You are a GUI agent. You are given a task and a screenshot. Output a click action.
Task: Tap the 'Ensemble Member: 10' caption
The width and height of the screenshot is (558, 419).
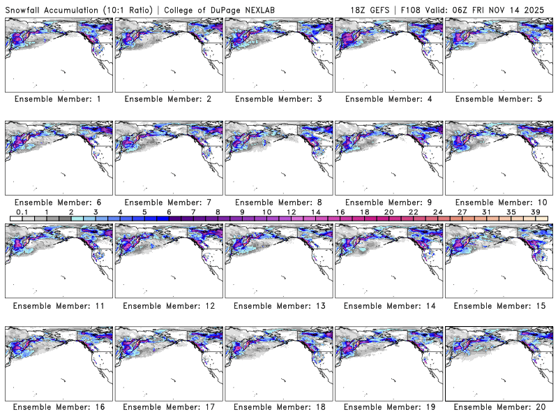tap(497, 203)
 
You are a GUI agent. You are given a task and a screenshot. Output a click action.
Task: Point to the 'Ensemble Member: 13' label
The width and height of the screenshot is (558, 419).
tap(278, 306)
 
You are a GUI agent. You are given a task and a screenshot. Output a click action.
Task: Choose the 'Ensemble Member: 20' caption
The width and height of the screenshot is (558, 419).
tap(497, 407)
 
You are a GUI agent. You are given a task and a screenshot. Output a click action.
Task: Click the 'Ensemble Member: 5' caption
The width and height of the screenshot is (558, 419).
tap(497, 99)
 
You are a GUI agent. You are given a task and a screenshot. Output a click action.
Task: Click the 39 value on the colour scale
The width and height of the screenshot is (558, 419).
tap(535, 212)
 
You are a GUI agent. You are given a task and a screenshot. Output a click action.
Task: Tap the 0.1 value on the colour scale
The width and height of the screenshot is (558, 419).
tap(22, 212)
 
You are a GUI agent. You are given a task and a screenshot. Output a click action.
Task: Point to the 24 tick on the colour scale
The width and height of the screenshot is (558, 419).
tap(437, 212)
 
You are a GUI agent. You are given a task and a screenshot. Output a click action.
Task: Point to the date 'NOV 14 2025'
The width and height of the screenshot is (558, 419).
tap(524, 9)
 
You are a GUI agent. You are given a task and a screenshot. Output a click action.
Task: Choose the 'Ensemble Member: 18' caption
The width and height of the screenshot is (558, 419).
tap(278, 407)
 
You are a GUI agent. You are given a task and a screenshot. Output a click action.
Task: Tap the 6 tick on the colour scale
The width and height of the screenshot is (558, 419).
tap(169, 212)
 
